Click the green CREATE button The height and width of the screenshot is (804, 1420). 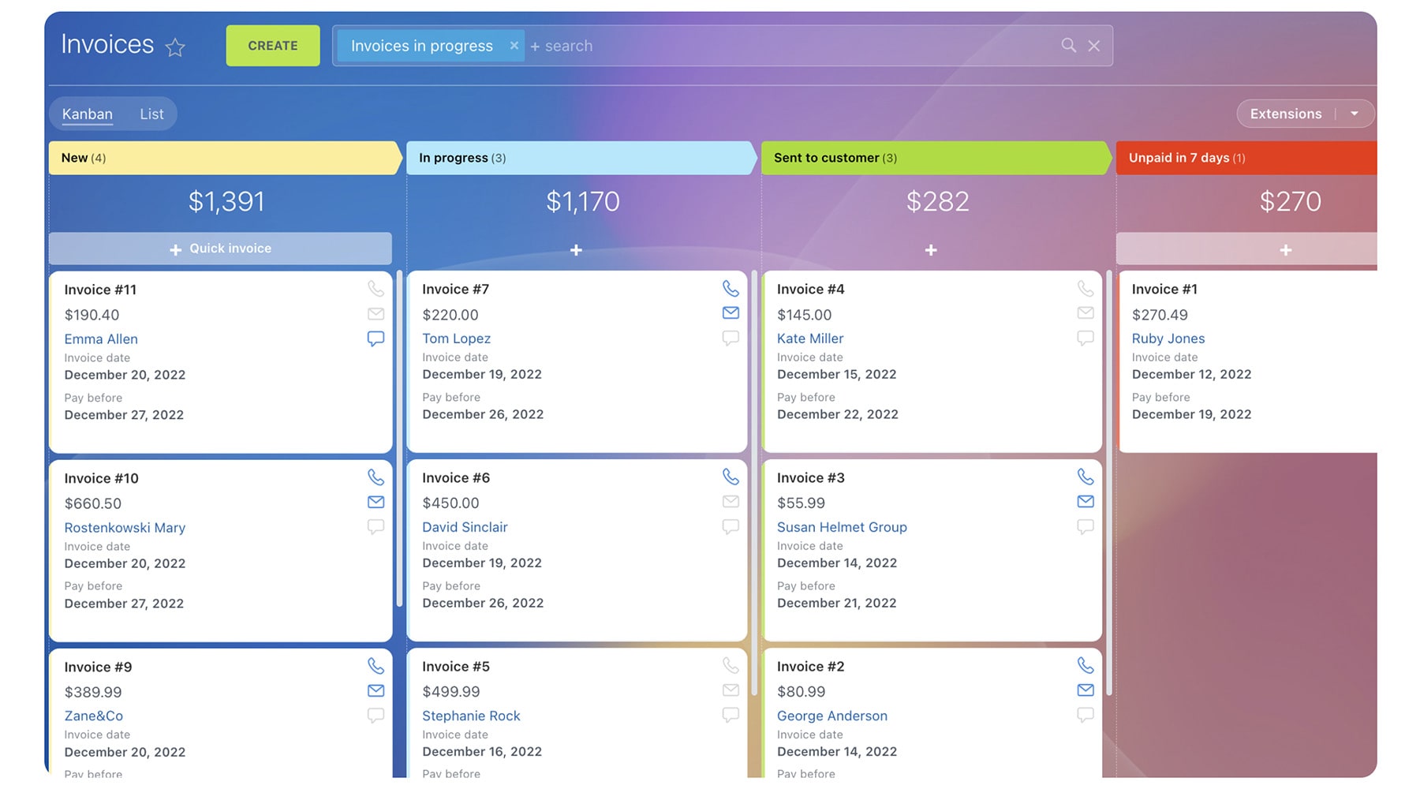(x=273, y=46)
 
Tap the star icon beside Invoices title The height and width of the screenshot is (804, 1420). (x=175, y=47)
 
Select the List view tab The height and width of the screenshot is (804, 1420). (x=151, y=114)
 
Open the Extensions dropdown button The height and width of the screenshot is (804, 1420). (x=1354, y=114)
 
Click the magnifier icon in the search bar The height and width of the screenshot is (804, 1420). (x=1068, y=46)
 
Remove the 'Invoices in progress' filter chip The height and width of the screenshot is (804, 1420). (x=514, y=46)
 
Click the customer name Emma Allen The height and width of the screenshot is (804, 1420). (x=101, y=338)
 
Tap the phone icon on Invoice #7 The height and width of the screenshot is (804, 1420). (x=731, y=289)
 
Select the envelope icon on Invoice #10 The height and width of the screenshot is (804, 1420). (x=376, y=502)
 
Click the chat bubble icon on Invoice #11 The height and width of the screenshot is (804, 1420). (x=376, y=338)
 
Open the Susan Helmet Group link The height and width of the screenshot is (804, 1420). (x=842, y=527)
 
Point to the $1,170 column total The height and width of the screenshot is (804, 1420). (x=583, y=201)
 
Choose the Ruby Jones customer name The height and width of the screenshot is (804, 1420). (x=1168, y=338)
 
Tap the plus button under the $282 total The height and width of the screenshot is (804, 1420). (x=931, y=250)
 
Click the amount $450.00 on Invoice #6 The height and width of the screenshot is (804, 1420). (x=450, y=503)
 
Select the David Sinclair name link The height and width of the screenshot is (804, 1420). (x=465, y=527)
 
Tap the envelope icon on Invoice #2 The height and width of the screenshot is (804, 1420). (x=1086, y=690)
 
